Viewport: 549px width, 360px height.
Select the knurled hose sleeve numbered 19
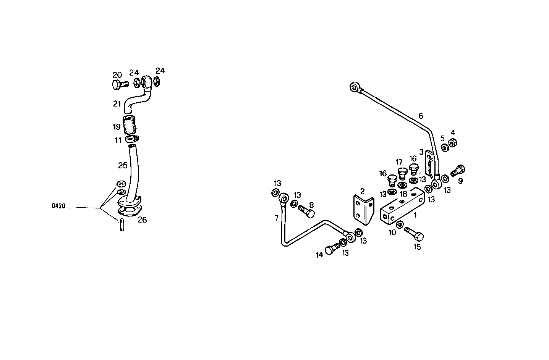click(129, 123)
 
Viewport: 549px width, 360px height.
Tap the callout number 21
click(117, 104)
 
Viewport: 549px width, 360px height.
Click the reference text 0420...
click(61, 207)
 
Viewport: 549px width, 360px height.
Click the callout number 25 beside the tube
click(122, 165)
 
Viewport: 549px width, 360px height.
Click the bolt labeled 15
click(413, 233)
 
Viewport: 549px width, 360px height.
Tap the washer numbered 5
click(445, 147)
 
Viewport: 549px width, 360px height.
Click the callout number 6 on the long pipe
click(421, 116)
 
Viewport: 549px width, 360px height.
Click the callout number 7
click(277, 218)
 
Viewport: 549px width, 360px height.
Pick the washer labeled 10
click(400, 225)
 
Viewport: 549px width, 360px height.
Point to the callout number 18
click(403, 194)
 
